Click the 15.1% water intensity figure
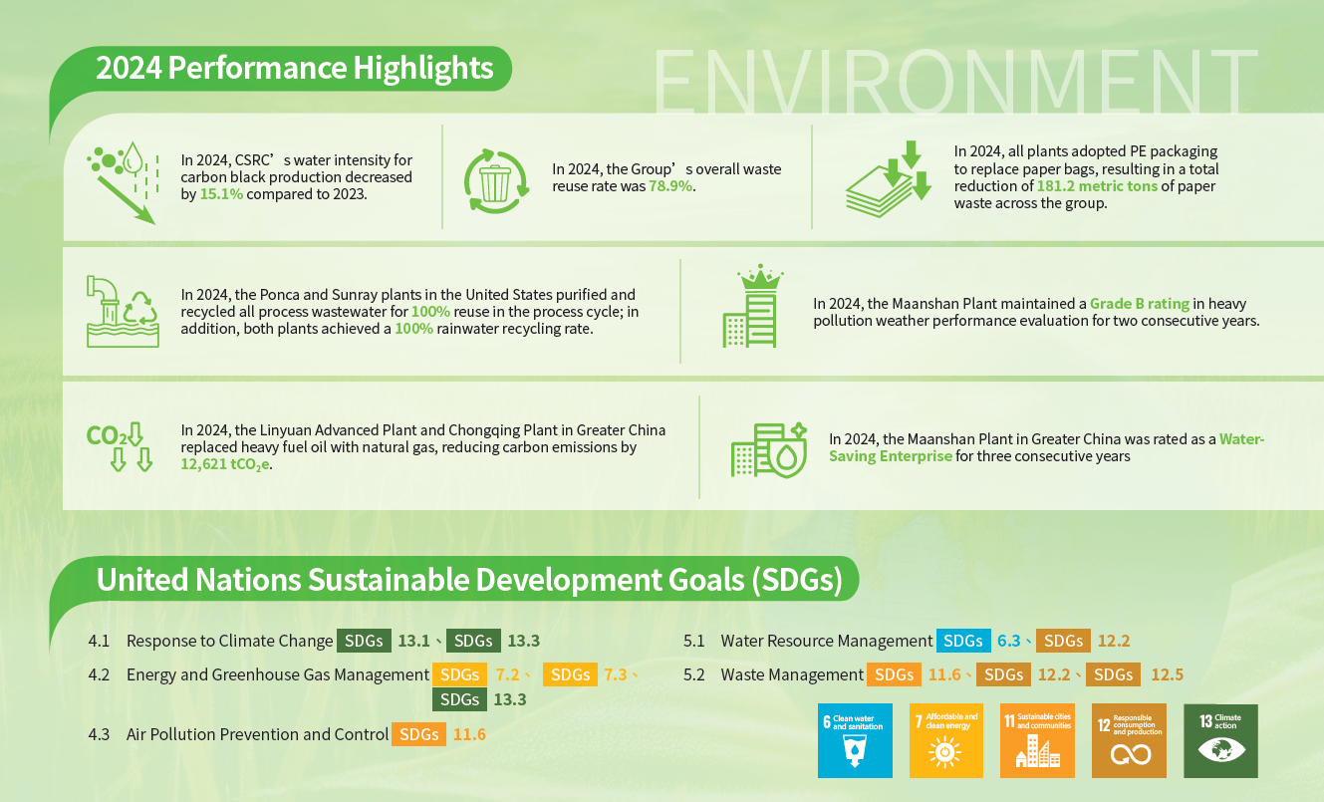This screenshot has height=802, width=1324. click(x=221, y=194)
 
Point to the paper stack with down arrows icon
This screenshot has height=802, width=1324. click(x=889, y=178)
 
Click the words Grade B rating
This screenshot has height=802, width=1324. click(x=1140, y=303)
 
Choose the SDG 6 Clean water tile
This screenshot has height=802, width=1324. click(x=854, y=741)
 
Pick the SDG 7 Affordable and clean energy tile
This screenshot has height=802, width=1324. click(x=945, y=741)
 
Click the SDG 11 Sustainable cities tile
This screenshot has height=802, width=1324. click(x=1037, y=741)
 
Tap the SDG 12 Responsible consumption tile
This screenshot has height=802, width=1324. click(x=1129, y=741)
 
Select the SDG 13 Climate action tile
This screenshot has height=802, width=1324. click(x=1220, y=741)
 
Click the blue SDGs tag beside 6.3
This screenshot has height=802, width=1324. click(x=962, y=641)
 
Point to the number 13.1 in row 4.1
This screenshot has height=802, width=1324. click(x=413, y=641)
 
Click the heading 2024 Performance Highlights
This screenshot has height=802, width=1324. click(x=294, y=68)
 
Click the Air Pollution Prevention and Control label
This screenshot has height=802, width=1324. click(x=257, y=734)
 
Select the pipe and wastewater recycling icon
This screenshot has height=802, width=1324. click(x=122, y=310)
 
